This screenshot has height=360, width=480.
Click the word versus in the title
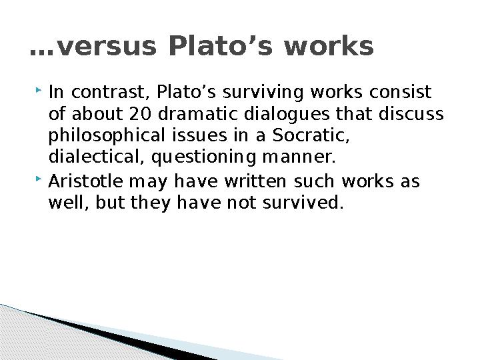click(107, 46)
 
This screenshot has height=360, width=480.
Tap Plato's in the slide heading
click(221, 45)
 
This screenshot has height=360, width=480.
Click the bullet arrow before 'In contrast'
click(39, 90)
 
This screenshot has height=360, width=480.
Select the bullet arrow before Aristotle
click(39, 179)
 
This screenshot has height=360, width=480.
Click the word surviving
click(263, 93)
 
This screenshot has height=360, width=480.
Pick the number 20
click(141, 113)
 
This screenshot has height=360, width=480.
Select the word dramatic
click(198, 113)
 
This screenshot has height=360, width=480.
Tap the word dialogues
click(287, 114)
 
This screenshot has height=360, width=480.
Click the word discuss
click(411, 113)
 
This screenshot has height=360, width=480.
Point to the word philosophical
click(107, 136)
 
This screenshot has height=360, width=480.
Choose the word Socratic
click(311, 135)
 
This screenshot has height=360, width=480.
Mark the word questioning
click(204, 157)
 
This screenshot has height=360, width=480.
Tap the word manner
click(299, 157)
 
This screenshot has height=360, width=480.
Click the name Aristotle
click(86, 181)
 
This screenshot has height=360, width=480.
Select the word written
click(255, 181)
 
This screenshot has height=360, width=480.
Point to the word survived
click(303, 203)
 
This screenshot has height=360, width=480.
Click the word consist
click(400, 92)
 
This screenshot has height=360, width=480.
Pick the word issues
click(199, 135)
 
